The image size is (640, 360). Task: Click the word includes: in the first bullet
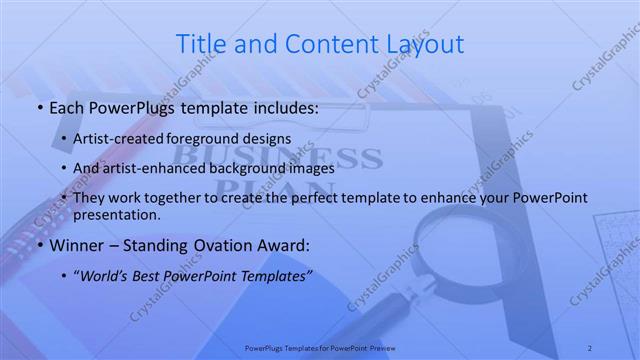point(283,107)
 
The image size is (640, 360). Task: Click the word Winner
point(74,245)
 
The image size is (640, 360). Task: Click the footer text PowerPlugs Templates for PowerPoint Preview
point(320,348)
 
